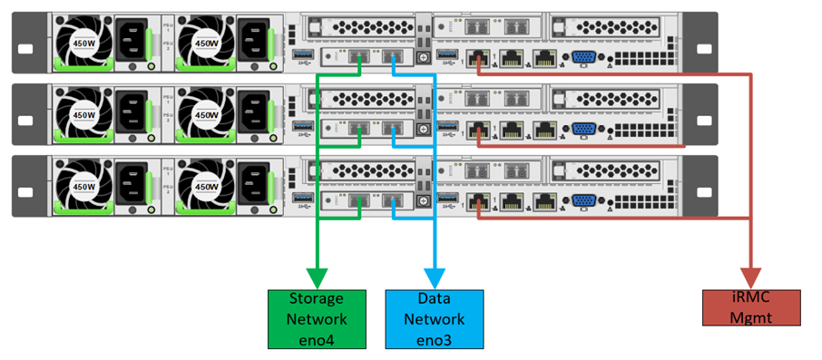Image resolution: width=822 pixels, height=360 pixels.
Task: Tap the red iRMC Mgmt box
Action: tap(751, 306)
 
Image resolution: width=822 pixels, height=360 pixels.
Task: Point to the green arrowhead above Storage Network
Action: tap(317, 276)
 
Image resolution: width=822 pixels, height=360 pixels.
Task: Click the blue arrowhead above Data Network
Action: tap(435, 276)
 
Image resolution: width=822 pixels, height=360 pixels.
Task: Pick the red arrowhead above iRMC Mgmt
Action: tap(751, 276)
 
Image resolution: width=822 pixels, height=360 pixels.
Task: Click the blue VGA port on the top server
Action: tap(584, 60)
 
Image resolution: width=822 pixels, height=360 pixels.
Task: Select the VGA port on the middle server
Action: tap(584, 131)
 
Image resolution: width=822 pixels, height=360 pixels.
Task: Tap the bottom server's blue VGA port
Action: tap(584, 201)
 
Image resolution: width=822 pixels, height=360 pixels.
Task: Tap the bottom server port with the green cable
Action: tap(357, 201)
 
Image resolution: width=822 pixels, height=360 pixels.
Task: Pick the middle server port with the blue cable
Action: tap(394, 131)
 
